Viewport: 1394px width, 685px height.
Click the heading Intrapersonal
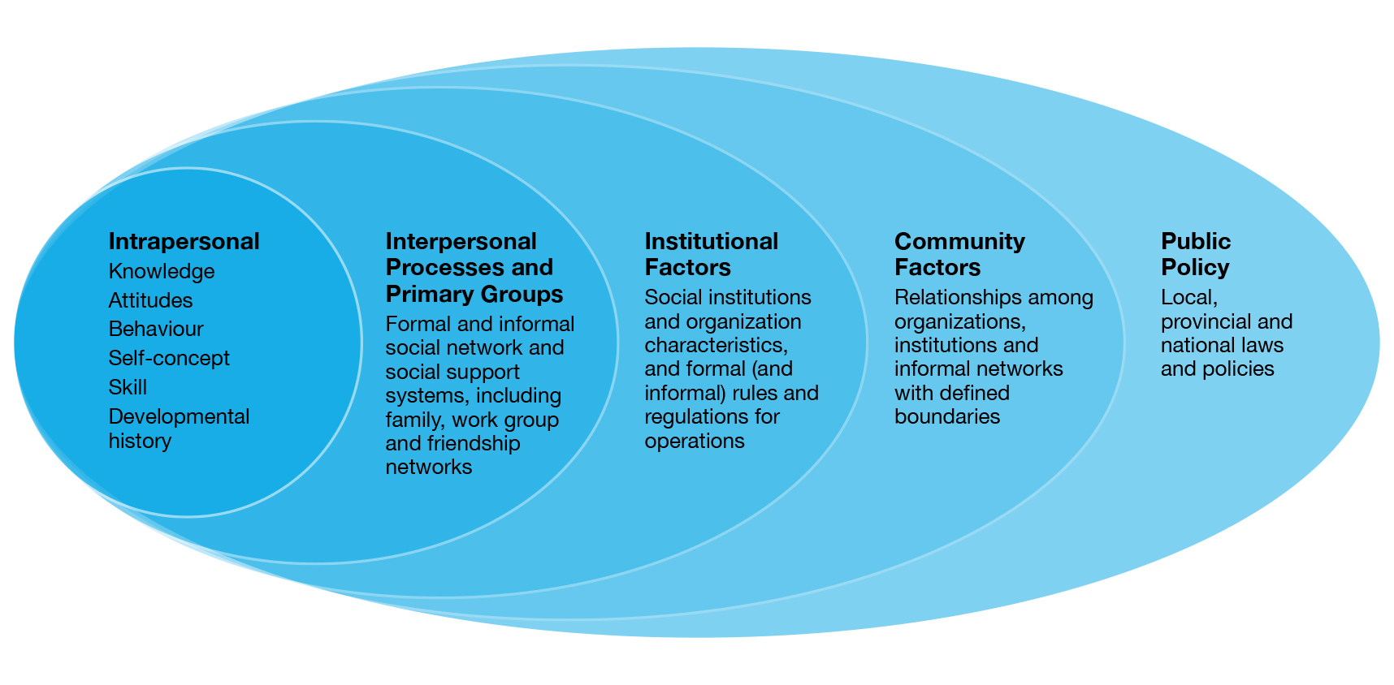coord(184,242)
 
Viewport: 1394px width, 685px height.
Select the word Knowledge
coord(161,272)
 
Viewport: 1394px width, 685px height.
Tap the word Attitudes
coord(150,301)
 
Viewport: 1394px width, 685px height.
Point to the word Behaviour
coord(155,330)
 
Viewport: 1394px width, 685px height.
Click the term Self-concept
coord(169,359)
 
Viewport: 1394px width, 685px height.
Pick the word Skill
coord(128,387)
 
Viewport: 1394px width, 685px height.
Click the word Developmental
coord(179,417)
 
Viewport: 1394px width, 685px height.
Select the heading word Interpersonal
coord(461,242)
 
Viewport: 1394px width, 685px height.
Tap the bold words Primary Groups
coord(474,294)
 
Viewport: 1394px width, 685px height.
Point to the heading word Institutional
coord(711,242)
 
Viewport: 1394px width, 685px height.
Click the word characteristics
coord(715,345)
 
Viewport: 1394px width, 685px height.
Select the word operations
coord(694,442)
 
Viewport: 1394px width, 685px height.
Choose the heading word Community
coord(959,242)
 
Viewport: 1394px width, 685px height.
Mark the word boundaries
coord(946,417)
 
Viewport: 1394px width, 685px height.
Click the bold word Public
coord(1195,242)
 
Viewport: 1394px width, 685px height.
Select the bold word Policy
coord(1194,268)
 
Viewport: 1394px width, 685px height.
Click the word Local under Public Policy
coord(1187,298)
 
